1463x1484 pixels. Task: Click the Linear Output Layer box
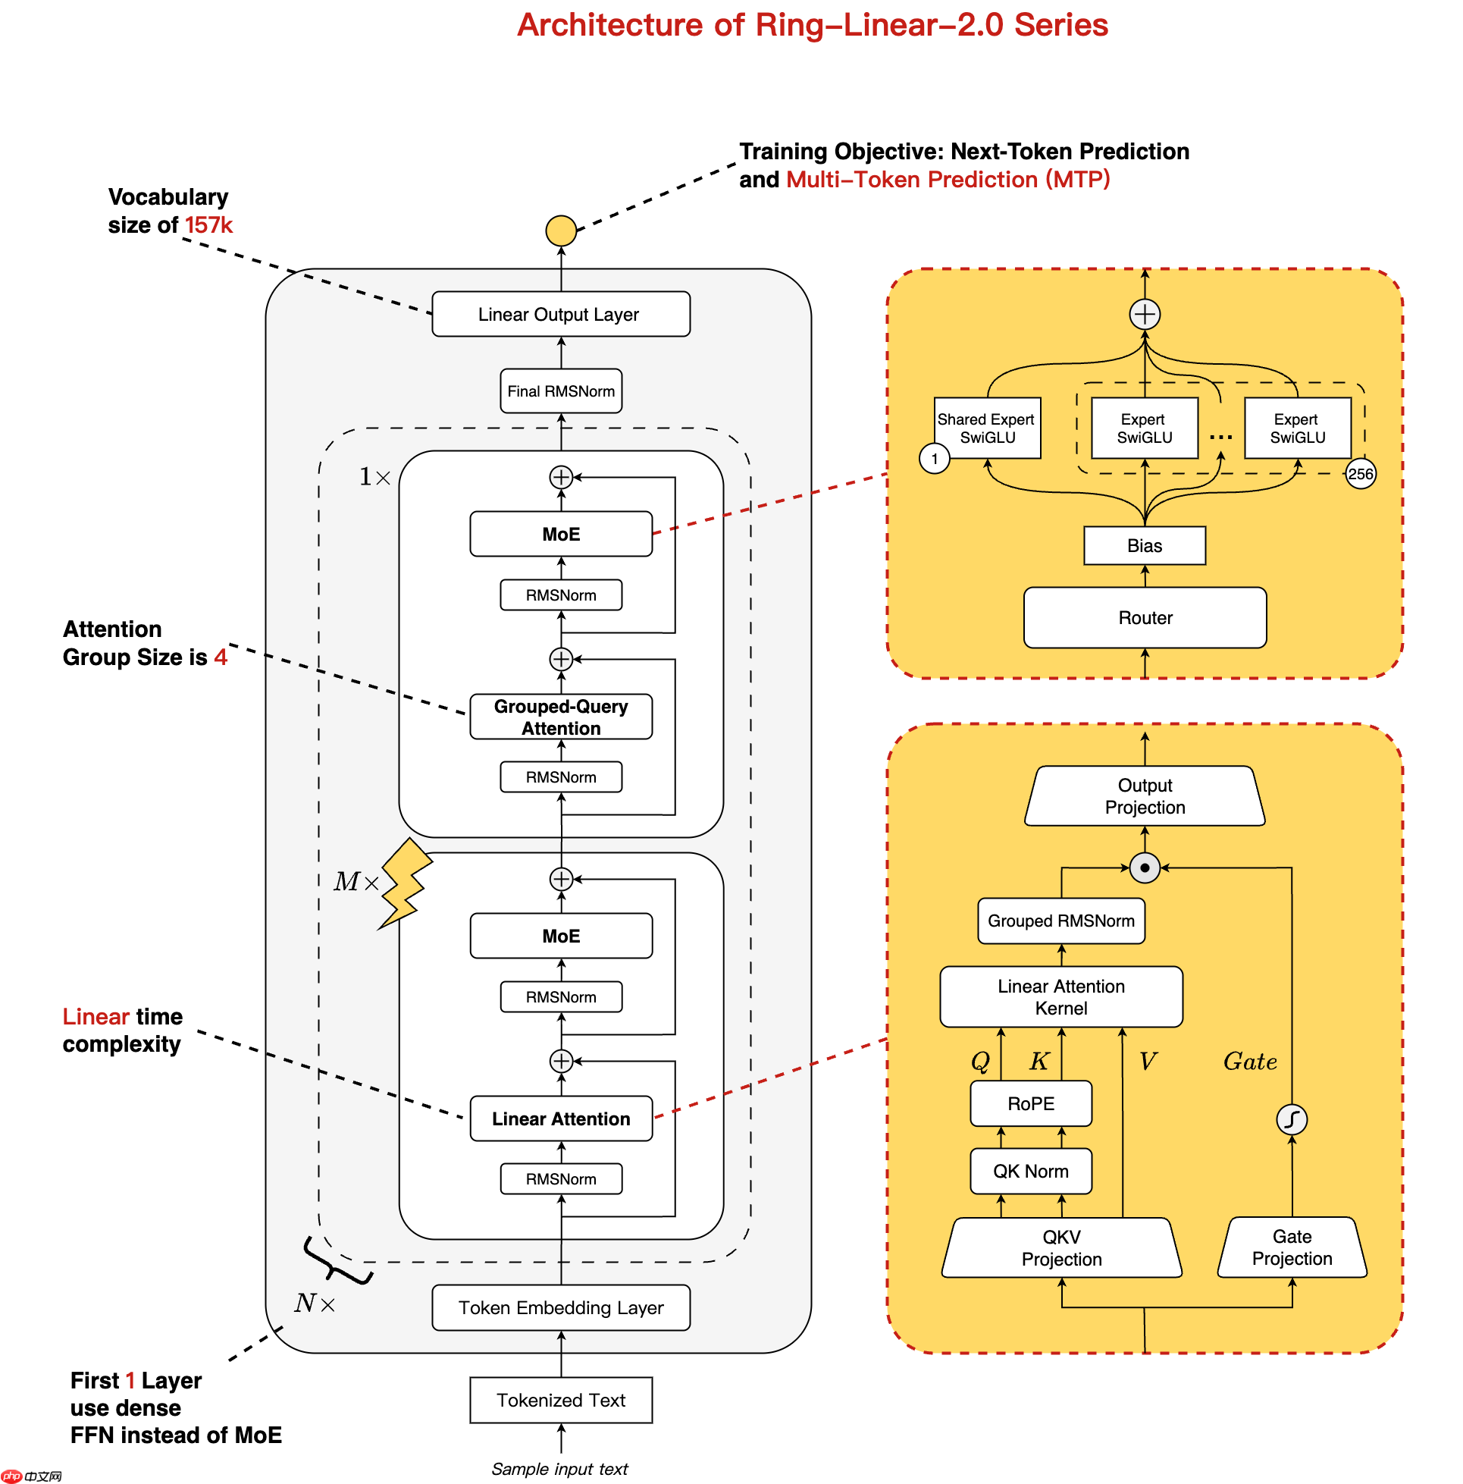click(x=560, y=313)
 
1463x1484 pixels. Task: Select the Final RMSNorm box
click(x=560, y=391)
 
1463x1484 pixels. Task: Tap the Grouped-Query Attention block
click(x=560, y=716)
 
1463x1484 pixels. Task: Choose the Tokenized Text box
click(x=560, y=1399)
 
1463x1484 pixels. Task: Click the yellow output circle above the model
click(x=560, y=231)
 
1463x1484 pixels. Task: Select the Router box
click(x=1144, y=617)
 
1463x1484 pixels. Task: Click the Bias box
click(x=1144, y=544)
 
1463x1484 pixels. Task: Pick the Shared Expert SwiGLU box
click(x=986, y=427)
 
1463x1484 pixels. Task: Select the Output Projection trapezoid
click(x=1144, y=795)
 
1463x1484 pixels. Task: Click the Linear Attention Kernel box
click(x=1060, y=996)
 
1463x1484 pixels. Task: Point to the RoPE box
click(x=1030, y=1103)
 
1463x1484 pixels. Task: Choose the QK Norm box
click(x=1030, y=1170)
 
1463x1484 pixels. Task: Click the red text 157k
click(x=208, y=225)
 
